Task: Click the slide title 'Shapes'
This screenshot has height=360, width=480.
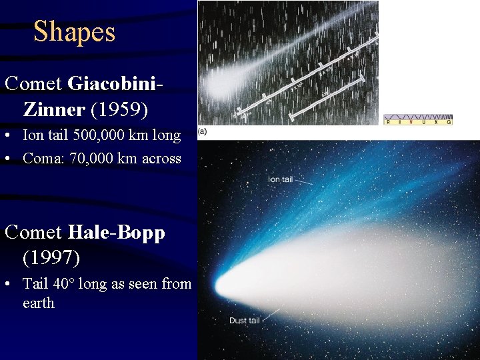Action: pyautogui.click(x=74, y=32)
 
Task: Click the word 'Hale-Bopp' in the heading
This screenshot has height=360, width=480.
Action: pyautogui.click(x=116, y=233)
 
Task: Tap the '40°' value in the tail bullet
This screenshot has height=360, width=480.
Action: pyautogui.click(x=62, y=284)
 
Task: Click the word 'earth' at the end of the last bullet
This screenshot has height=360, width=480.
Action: pyautogui.click(x=38, y=303)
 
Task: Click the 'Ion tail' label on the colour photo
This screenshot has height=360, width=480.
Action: pyautogui.click(x=280, y=179)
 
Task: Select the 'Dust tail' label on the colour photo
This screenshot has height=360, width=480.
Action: pyautogui.click(x=245, y=321)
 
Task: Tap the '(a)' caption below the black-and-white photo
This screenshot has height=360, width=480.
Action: pyautogui.click(x=203, y=131)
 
